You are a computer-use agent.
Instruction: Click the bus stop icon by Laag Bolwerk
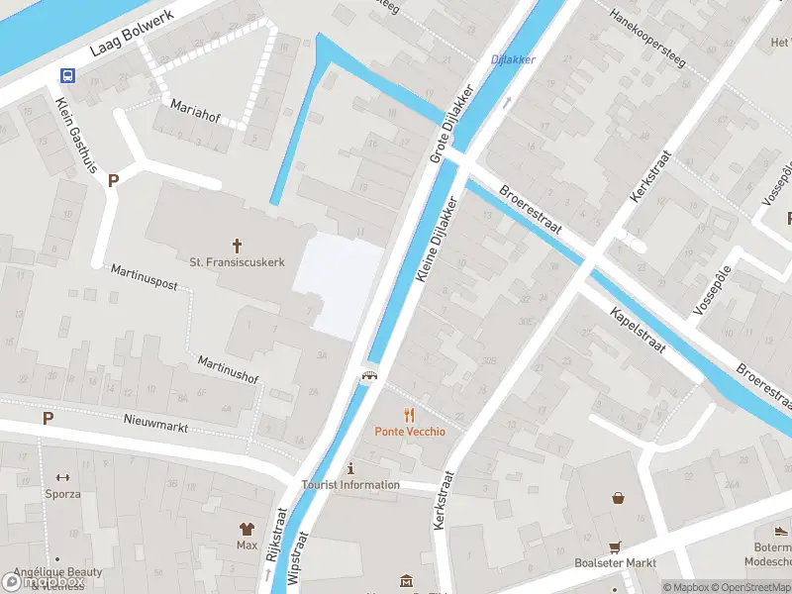click(68, 75)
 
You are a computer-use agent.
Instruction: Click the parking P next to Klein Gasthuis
click(113, 181)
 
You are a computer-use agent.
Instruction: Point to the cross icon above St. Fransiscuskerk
click(238, 245)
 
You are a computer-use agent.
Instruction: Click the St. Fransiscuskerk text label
click(238, 262)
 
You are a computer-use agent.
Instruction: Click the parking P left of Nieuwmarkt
click(48, 419)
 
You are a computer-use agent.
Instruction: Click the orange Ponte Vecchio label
click(409, 432)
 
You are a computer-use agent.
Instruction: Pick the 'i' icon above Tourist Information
click(350, 468)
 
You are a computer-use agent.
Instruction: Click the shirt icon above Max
click(247, 529)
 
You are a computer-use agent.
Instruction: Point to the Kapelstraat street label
click(638, 331)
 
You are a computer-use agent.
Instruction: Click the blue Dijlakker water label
click(513, 59)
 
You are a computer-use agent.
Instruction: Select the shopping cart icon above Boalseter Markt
click(615, 545)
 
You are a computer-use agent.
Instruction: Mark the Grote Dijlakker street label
click(451, 123)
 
